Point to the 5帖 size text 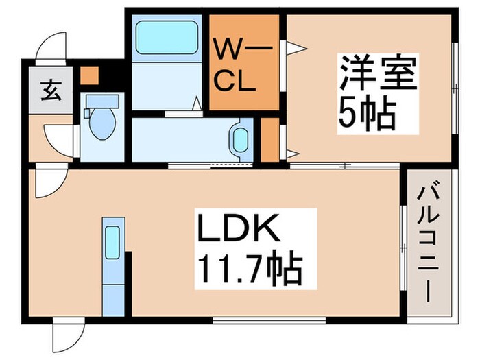367,115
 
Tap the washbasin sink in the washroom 239,139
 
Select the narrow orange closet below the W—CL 269,140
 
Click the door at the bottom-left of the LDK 67,336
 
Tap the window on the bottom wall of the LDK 268,320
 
